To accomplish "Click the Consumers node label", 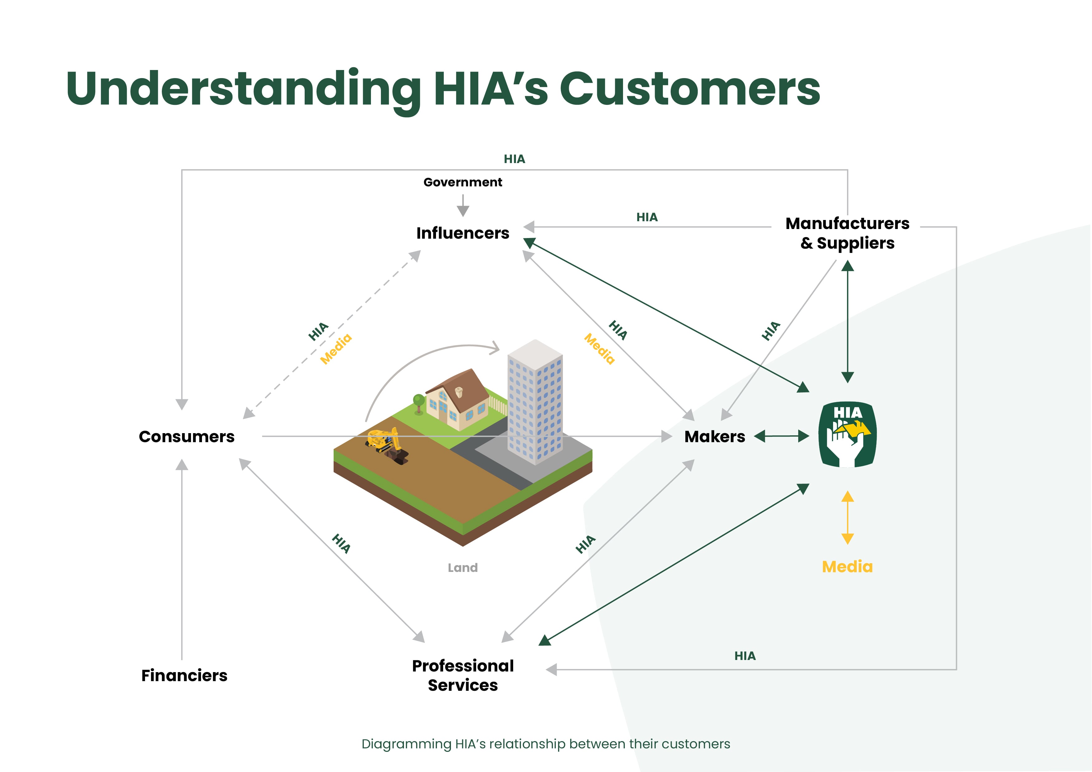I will point(186,437).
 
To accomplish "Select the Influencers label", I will point(462,233).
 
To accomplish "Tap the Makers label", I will point(715,437).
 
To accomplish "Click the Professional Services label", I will point(463,676).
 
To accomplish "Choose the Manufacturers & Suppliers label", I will point(847,233).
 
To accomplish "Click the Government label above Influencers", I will point(462,182).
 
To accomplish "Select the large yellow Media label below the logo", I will point(847,567).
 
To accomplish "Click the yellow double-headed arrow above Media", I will point(847,517).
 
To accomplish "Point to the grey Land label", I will point(462,568).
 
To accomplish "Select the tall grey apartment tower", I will point(535,402).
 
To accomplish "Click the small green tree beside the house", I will point(419,402).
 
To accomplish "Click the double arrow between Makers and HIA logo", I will point(781,436).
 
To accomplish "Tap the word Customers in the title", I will point(690,89).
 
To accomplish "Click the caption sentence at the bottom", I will point(546,744).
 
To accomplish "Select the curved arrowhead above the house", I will point(494,348).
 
